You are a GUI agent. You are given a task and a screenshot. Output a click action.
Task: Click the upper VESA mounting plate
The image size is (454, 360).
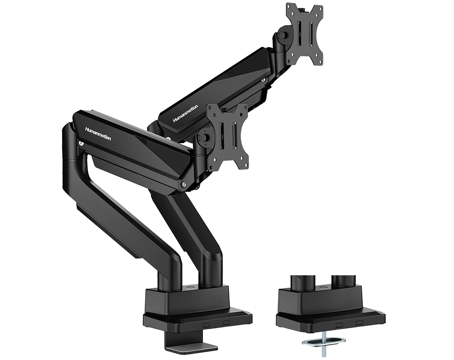tap(305, 35)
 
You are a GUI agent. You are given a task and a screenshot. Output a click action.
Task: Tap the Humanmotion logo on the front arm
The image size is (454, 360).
tap(98, 133)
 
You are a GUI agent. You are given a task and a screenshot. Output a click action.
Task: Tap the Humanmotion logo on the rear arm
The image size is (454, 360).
tap(185, 113)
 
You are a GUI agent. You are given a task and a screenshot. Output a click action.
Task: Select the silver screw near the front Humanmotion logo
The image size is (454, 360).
tap(81, 143)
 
